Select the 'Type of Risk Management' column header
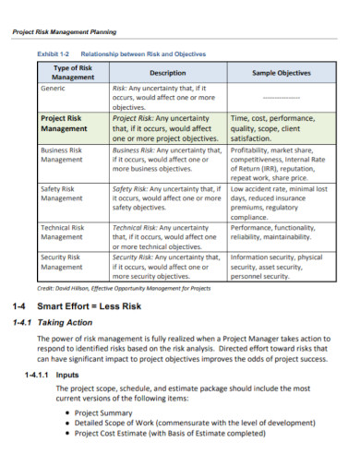[x=73, y=73]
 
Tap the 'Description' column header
[x=167, y=73]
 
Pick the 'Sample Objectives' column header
[x=281, y=73]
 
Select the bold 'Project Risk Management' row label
[x=64, y=125]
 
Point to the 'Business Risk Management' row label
[x=62, y=153]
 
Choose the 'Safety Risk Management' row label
[x=62, y=192]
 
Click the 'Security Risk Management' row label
[x=62, y=261]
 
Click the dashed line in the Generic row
[x=281, y=97]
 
